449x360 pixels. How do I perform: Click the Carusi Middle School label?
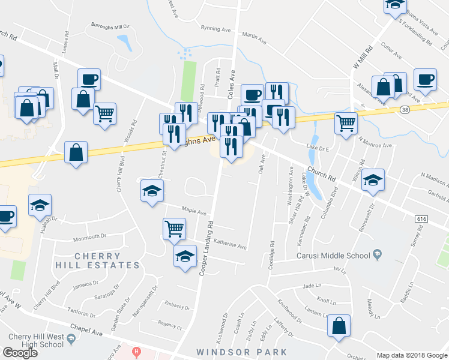click(x=333, y=256)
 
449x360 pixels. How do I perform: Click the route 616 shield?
click(x=421, y=220)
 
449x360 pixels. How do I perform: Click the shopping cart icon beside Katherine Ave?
click(x=173, y=227)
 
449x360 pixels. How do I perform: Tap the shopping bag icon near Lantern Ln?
click(x=339, y=326)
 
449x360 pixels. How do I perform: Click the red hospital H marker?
click(x=137, y=351)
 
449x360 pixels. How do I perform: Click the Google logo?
click(x=20, y=353)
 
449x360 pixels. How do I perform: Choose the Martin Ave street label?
click(x=254, y=38)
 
